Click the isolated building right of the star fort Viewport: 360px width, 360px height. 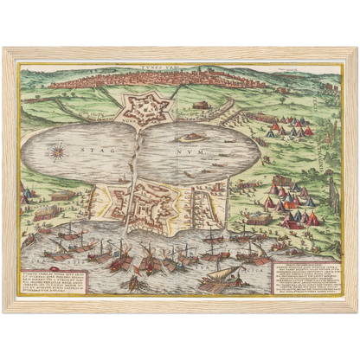pos(200,106)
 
